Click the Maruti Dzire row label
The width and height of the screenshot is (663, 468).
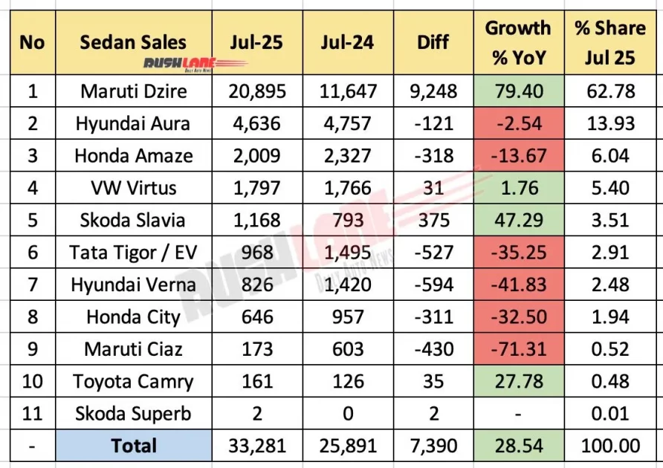[x=133, y=92]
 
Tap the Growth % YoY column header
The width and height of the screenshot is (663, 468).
[x=518, y=43]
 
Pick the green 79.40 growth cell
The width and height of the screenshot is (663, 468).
[x=518, y=92]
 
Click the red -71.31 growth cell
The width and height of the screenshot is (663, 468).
[x=518, y=349]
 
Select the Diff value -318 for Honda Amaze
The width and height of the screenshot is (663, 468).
[x=433, y=156]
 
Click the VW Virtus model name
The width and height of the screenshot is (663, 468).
[x=133, y=189]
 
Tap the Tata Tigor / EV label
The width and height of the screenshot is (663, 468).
[x=133, y=253]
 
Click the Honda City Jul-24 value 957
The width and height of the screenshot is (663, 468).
[x=349, y=317]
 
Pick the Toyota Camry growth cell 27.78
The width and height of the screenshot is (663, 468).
[x=518, y=381]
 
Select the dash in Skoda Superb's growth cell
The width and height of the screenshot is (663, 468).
[x=518, y=414]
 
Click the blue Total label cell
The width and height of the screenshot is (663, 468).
[x=133, y=446]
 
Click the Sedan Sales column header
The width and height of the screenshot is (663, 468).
[x=133, y=42]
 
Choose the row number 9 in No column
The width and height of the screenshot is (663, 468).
[x=32, y=349]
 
